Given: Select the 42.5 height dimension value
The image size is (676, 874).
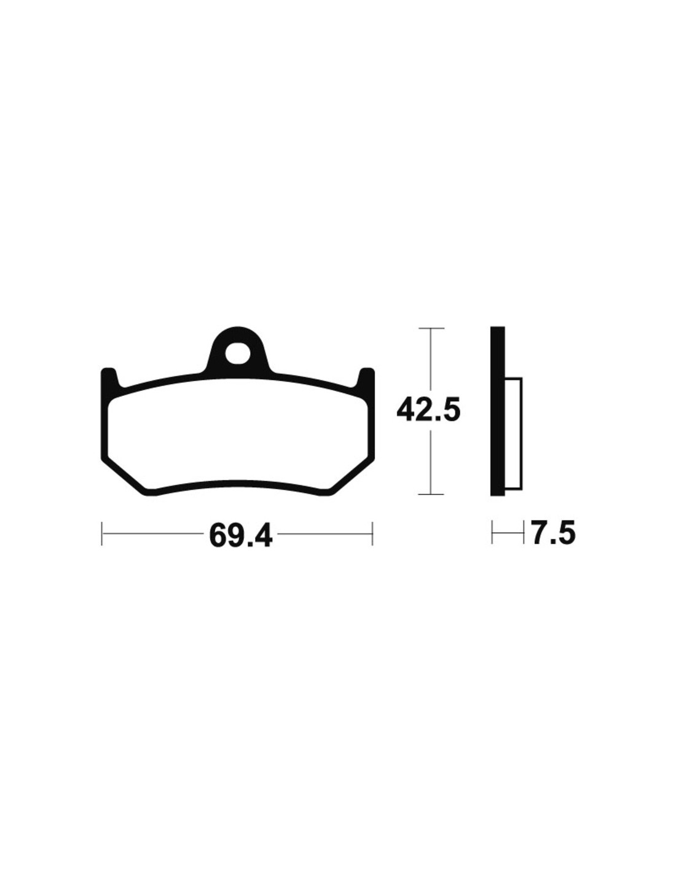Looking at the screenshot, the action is coord(428,410).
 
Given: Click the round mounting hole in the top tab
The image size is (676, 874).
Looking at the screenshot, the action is coord(237,353).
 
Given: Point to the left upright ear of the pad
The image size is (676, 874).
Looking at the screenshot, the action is coord(110,379).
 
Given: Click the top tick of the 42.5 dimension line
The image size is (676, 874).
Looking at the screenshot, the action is coord(431,329).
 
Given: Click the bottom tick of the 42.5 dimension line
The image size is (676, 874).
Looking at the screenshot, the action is coord(431,494).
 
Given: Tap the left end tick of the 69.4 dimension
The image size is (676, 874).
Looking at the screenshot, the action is coord(102,533).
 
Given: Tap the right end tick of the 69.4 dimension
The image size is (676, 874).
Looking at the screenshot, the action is coord(373,533).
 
